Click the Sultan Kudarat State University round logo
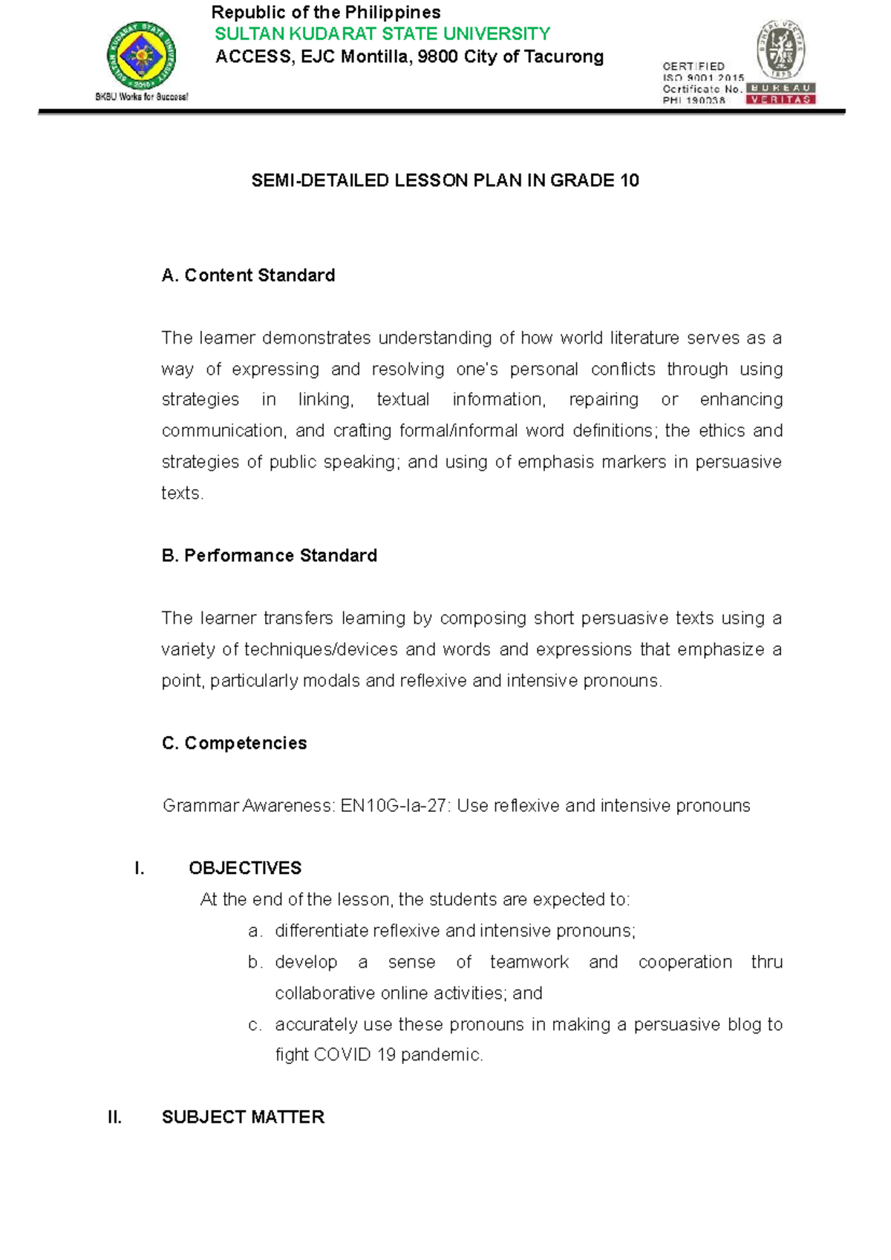click(141, 56)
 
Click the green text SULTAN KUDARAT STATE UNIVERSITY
click(382, 34)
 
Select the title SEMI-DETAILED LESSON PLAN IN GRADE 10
click(445, 180)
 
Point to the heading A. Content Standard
click(248, 275)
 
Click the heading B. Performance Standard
click(269, 556)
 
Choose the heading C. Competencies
click(234, 743)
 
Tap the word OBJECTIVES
click(245, 868)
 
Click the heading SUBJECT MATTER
click(243, 1118)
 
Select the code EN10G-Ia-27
click(395, 806)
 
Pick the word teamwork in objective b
click(529, 962)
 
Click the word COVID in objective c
click(342, 1055)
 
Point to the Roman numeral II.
click(114, 1118)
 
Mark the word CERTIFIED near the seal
click(693, 66)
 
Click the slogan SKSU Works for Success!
click(141, 97)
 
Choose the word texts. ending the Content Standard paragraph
click(182, 493)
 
